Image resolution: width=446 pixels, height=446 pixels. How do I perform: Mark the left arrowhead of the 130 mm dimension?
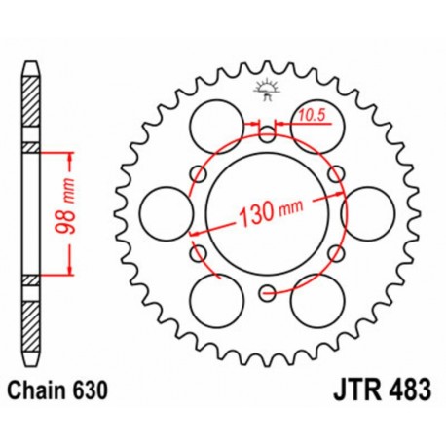195,233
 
